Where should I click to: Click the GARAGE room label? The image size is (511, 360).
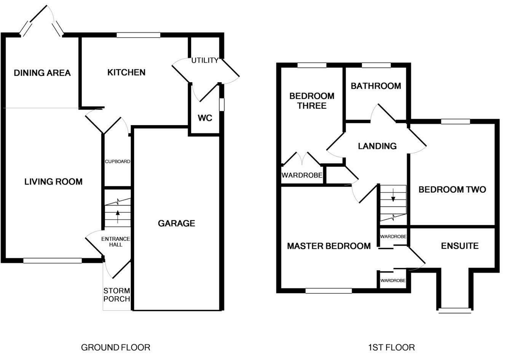176,223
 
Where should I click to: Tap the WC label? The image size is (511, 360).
204,118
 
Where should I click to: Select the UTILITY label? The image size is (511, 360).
204,61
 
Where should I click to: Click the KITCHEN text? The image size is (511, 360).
126,72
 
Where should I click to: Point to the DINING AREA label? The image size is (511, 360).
42,73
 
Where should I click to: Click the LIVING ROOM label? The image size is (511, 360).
53,182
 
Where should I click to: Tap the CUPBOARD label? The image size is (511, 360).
118,161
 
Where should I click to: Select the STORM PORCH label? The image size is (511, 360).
117,295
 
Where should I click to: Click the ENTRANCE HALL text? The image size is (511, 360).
116,242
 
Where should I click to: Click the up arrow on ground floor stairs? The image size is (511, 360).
117,217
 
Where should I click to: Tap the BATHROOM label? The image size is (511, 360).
375,86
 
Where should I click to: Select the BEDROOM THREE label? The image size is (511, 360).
311,101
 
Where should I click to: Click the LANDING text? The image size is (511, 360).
377,146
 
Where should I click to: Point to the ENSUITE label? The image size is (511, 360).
460,246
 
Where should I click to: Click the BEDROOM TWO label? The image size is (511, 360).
452,190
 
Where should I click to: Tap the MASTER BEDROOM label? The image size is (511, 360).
329,246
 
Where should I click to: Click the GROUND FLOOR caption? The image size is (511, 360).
116,347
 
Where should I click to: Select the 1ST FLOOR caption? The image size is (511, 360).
391,347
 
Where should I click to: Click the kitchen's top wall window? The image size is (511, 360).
138,35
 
